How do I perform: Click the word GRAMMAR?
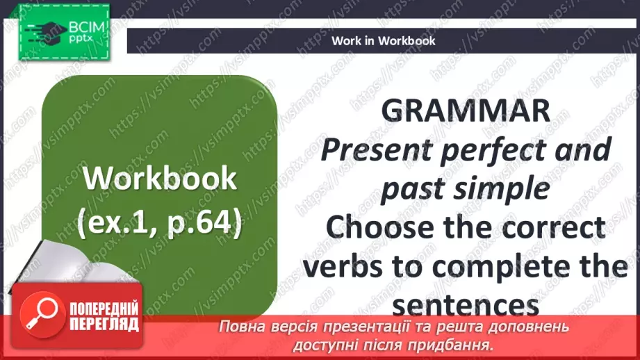coord(466,111)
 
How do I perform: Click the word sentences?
coord(465,304)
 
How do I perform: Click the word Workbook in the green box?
coord(160,180)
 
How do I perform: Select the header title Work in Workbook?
coord(384,40)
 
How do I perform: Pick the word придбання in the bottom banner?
coord(459,345)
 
